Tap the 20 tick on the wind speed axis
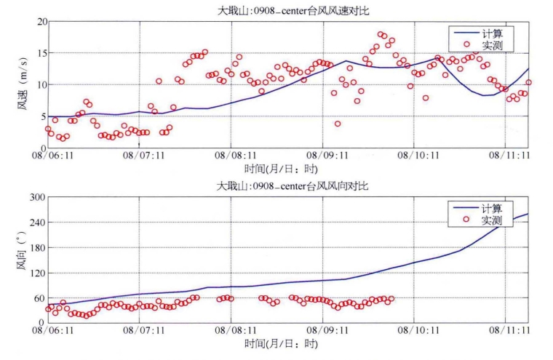pyautogui.click(x=39, y=21)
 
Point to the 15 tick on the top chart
pyautogui.click(x=39, y=53)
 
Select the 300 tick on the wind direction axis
pyautogui.click(x=35, y=197)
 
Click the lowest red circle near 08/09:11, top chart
pyautogui.click(x=338, y=124)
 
